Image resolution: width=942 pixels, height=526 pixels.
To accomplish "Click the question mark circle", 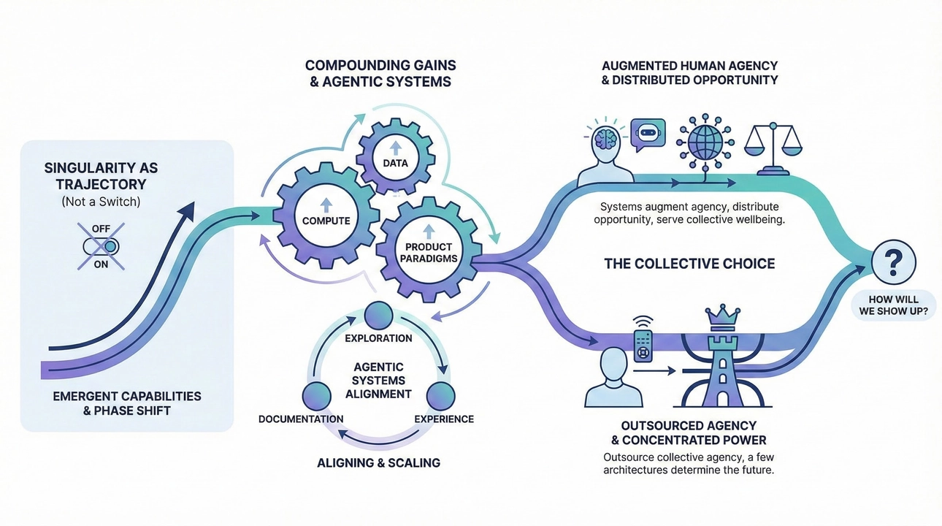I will tap(894, 262).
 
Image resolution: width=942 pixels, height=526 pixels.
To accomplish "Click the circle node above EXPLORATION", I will tap(378, 316).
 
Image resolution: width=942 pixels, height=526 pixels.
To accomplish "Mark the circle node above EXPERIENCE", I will tap(441, 395).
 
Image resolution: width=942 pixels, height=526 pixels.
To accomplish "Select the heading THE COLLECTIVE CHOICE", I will tap(689, 263).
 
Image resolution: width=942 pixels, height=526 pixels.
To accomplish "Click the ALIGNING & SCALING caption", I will tap(378, 462).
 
